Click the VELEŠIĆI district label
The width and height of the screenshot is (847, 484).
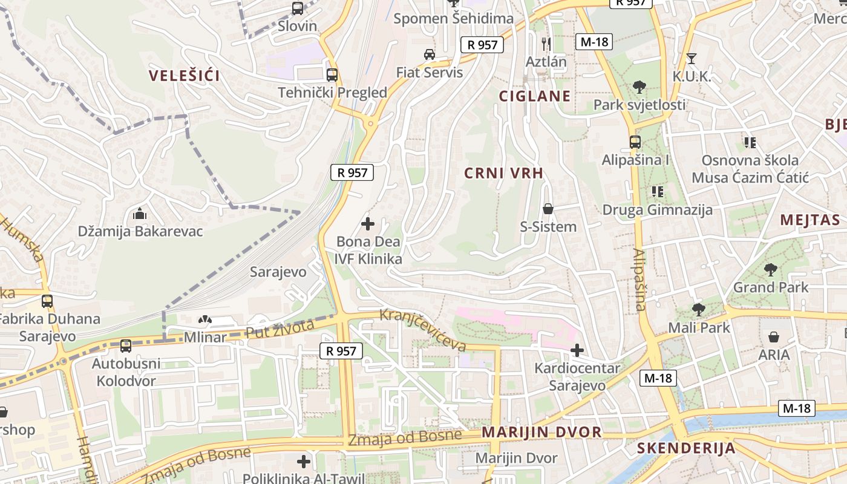(x=185, y=76)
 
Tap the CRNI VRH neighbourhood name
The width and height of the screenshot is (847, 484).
(x=503, y=173)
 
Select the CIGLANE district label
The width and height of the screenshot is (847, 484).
(x=534, y=96)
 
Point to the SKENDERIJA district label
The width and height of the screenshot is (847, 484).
(x=686, y=448)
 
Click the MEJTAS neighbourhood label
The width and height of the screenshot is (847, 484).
(x=810, y=220)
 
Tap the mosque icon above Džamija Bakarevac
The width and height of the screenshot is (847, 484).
(x=140, y=213)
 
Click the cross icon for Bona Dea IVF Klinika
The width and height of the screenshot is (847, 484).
(x=367, y=224)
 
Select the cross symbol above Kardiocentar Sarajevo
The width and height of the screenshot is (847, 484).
(x=577, y=350)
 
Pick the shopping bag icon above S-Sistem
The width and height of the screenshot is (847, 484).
(x=548, y=209)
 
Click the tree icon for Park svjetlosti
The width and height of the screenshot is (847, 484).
(x=639, y=87)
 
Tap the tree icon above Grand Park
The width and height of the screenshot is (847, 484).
(x=770, y=269)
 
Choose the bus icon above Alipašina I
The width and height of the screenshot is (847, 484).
(x=635, y=142)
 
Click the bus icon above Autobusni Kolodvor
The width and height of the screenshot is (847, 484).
(x=126, y=346)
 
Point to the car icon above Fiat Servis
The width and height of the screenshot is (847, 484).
(x=429, y=54)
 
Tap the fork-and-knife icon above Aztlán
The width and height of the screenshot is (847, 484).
(x=546, y=43)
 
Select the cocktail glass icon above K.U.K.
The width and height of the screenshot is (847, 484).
(x=692, y=59)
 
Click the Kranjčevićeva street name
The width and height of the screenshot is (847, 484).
(x=423, y=330)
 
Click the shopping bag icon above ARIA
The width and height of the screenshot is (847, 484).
(x=774, y=336)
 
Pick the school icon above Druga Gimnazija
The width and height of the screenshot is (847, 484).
(x=658, y=192)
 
